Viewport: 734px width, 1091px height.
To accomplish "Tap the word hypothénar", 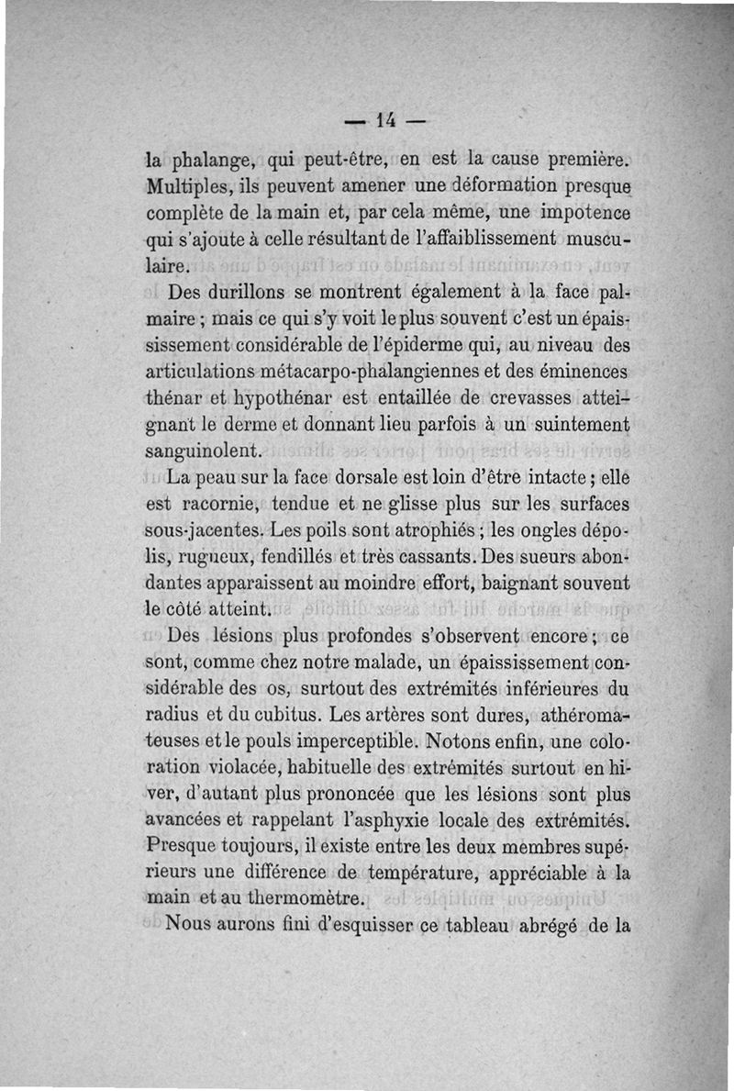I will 287,400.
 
